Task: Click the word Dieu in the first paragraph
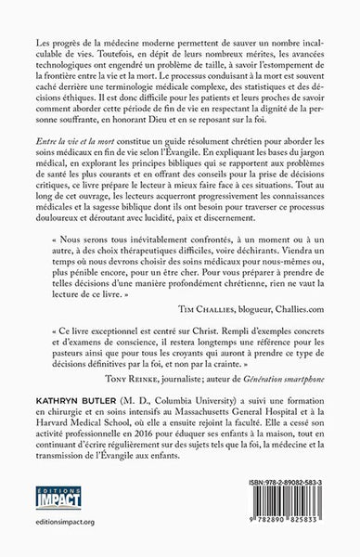point(181,155)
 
